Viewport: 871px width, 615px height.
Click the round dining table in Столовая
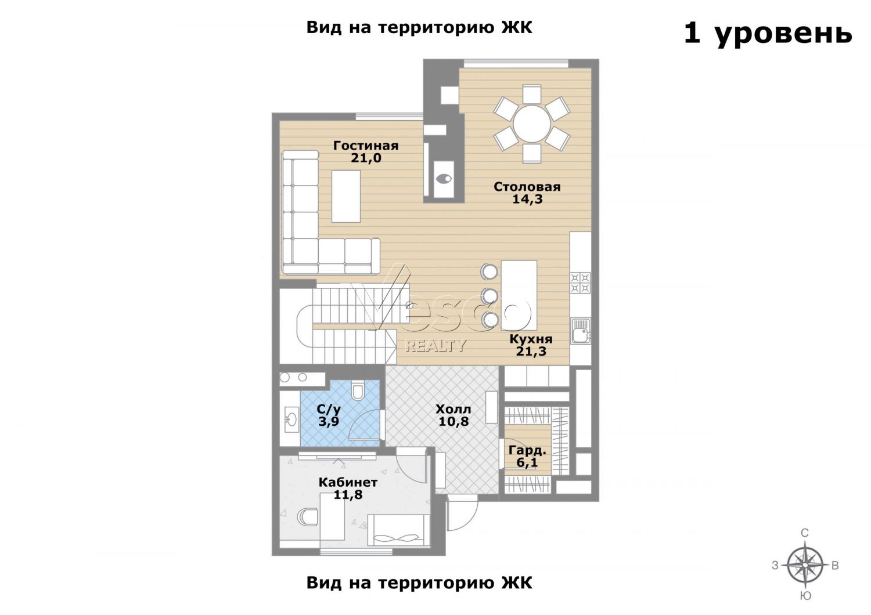point(531,124)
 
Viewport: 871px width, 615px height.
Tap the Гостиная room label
point(366,146)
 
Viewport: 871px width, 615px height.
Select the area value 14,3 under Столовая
point(527,200)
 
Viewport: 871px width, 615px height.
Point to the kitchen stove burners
point(580,283)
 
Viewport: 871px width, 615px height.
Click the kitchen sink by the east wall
point(581,331)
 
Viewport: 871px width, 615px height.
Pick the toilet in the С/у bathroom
point(357,390)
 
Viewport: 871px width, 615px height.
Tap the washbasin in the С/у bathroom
point(291,419)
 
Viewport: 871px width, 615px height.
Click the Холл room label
point(454,410)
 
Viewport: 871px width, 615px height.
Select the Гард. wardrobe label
point(528,451)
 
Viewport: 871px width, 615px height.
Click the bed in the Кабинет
point(398,530)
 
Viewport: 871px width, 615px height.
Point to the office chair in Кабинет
point(308,517)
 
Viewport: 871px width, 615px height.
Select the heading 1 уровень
point(768,34)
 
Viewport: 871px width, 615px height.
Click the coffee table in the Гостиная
point(346,197)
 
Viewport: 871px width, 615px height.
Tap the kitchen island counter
point(519,295)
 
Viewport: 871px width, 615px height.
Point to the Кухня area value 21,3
point(531,352)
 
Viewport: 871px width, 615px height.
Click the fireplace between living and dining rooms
point(444,179)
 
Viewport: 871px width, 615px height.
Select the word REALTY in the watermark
point(436,345)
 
